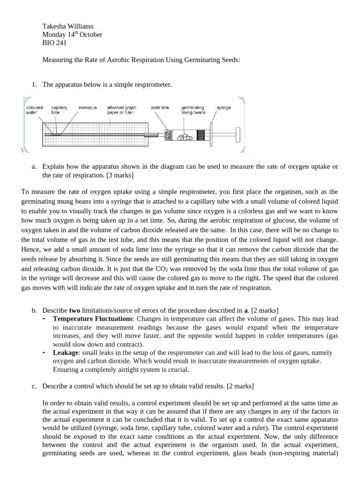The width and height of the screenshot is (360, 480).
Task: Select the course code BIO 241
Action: (54, 43)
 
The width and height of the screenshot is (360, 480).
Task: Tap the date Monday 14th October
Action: (72, 35)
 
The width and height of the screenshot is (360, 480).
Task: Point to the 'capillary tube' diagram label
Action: (59, 110)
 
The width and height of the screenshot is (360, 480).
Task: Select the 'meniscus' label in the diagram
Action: (88, 107)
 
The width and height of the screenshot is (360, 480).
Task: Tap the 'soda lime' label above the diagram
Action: (160, 107)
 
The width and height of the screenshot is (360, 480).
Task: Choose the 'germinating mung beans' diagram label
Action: (193, 110)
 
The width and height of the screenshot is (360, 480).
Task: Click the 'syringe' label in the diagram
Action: (224, 107)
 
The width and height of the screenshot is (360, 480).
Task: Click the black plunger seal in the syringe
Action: (201, 135)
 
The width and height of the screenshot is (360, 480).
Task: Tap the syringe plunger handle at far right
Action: (239, 135)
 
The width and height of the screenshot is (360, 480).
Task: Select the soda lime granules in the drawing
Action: (168, 135)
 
